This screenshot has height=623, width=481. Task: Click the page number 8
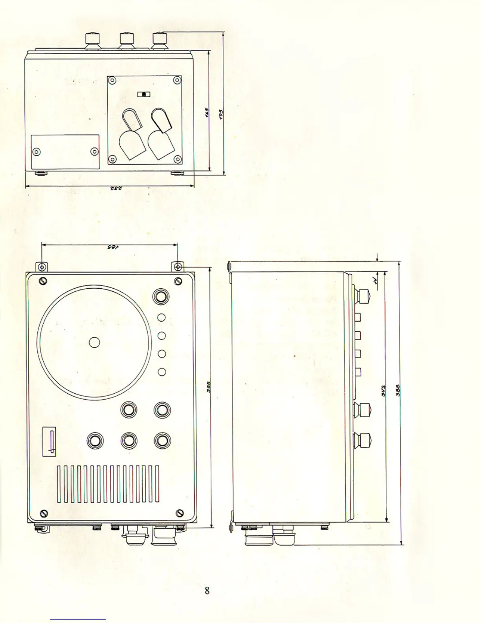[207, 590]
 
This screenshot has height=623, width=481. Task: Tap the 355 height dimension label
[209, 387]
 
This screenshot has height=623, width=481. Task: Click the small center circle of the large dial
[94, 342]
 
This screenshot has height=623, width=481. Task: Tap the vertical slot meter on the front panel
[50, 441]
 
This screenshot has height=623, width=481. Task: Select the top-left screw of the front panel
[43, 281]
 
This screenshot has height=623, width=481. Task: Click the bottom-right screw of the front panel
[180, 513]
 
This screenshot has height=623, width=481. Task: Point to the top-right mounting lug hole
[178, 267]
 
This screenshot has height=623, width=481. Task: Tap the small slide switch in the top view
[144, 94]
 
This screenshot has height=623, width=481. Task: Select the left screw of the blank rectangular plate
[37, 151]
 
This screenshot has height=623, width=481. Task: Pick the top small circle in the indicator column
[161, 317]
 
